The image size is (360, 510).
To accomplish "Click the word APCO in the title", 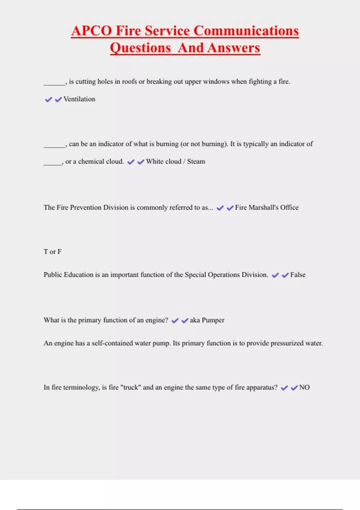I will point(91,31).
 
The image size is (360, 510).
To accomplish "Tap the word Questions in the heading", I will point(140,48).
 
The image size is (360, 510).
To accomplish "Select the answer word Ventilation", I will point(79,99).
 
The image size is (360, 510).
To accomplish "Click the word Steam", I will point(196,161).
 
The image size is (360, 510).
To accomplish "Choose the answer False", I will point(298,275).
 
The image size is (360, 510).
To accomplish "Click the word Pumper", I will point(213,320).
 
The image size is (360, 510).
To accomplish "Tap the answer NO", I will point(304,387).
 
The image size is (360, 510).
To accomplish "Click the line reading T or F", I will point(52,252).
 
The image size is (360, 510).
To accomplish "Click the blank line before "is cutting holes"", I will point(54,84).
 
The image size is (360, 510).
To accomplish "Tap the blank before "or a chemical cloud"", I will point(52,164).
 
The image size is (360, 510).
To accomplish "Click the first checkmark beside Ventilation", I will point(48,100).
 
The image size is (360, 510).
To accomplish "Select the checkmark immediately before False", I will point(285,275).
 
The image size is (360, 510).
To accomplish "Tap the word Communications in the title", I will point(246,31).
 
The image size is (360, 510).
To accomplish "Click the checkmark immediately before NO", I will point(294,388).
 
